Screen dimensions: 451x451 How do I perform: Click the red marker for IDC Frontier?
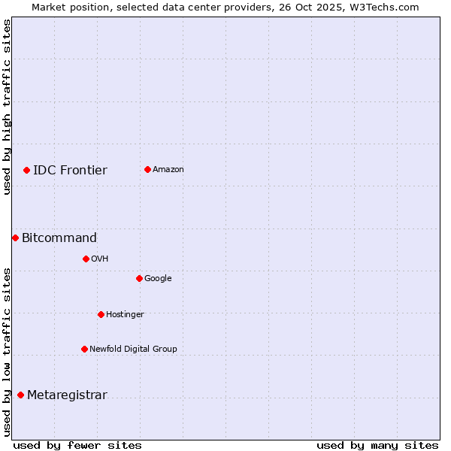(x=26, y=170)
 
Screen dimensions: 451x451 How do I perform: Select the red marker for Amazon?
(x=147, y=169)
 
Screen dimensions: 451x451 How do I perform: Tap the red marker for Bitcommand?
(x=15, y=238)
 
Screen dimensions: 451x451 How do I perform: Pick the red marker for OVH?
(x=86, y=259)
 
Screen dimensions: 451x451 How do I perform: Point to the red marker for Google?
(x=139, y=278)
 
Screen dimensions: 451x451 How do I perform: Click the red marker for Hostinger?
(x=101, y=314)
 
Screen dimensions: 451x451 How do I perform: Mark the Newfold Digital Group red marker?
(x=84, y=349)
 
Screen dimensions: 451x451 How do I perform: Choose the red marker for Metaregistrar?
(x=20, y=395)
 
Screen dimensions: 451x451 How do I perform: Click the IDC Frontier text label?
(x=70, y=170)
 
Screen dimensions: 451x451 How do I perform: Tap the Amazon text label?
(x=168, y=169)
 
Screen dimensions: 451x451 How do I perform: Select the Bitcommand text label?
(x=59, y=238)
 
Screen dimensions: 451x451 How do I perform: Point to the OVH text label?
(x=100, y=259)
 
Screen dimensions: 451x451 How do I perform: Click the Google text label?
(x=158, y=278)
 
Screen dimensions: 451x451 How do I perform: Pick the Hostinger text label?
(x=125, y=314)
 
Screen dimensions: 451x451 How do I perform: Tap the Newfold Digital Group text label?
(x=133, y=349)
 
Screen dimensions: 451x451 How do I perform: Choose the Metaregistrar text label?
(x=67, y=395)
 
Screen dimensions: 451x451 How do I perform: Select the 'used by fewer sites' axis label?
(x=77, y=445)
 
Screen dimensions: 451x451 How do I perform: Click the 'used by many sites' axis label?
(x=377, y=445)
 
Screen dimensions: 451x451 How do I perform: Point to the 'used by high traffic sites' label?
(x=7, y=107)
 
